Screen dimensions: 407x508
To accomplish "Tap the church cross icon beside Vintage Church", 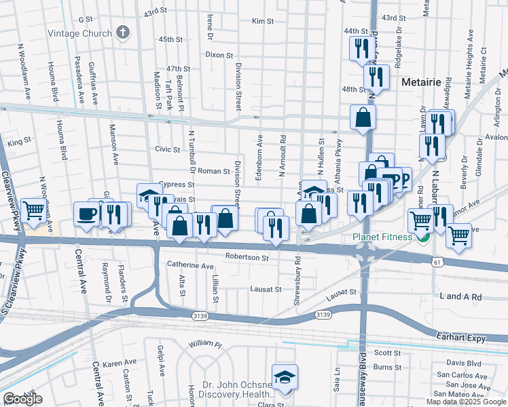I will (x=122, y=33).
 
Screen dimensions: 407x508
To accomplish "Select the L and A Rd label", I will (x=460, y=297).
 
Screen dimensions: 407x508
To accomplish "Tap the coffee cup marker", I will (x=86, y=214).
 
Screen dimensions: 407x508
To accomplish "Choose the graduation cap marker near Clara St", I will (x=285, y=376).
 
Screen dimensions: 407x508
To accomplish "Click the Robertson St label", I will (x=247, y=258).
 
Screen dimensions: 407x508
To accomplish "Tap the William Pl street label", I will (x=205, y=345).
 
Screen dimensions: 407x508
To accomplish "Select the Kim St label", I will (x=262, y=22).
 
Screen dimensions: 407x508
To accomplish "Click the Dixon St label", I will (x=219, y=55).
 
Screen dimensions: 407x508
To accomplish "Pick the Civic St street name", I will (x=167, y=149).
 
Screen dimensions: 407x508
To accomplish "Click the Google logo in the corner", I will (x=23, y=400).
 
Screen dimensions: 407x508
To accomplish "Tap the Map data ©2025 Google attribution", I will (x=466, y=402).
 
